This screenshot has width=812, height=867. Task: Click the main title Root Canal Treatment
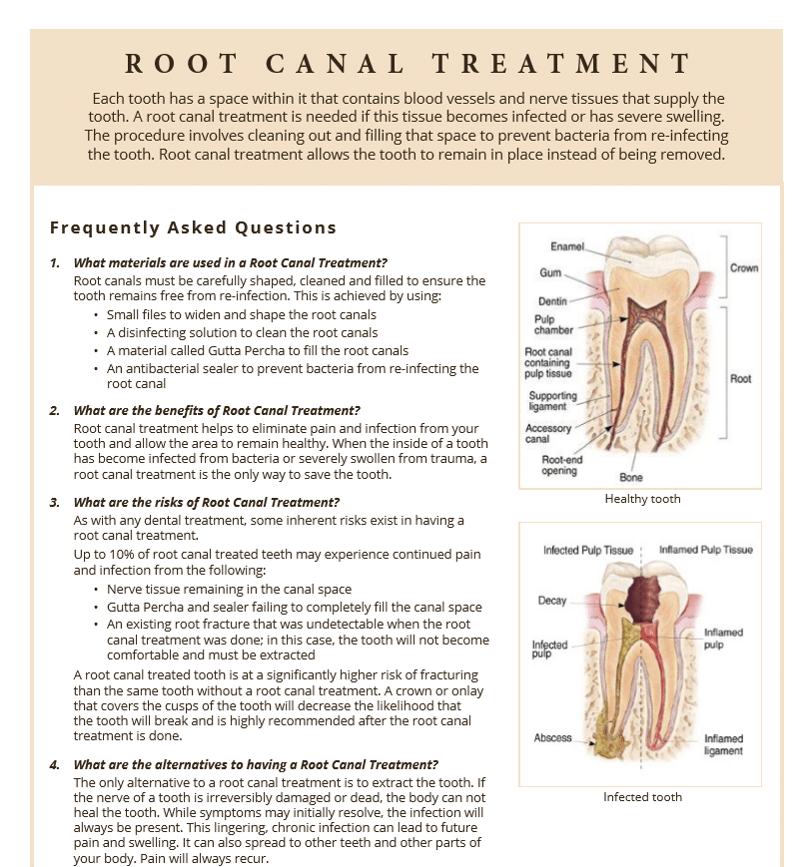[407, 65]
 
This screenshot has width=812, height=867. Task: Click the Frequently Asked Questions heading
[193, 227]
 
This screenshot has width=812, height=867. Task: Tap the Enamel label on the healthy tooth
[567, 245]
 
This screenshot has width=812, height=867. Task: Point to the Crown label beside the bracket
[744, 268]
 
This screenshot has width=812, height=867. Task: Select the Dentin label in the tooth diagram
[552, 300]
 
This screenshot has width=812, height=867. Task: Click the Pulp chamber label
[553, 325]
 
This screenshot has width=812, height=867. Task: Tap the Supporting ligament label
[552, 401]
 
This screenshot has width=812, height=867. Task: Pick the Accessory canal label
[548, 434]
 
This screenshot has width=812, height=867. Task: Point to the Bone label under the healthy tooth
[631, 478]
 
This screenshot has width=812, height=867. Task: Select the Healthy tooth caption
[642, 499]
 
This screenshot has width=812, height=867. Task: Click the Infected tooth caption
[642, 797]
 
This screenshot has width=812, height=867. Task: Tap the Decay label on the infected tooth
[552, 601]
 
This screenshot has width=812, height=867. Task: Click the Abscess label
[552, 738]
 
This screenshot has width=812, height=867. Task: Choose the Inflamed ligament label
[723, 745]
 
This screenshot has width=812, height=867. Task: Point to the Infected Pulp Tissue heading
[588, 550]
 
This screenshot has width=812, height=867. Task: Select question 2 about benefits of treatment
[217, 410]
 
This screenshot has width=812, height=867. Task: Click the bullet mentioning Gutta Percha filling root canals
[257, 350]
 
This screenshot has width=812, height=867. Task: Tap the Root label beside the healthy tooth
[740, 379]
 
